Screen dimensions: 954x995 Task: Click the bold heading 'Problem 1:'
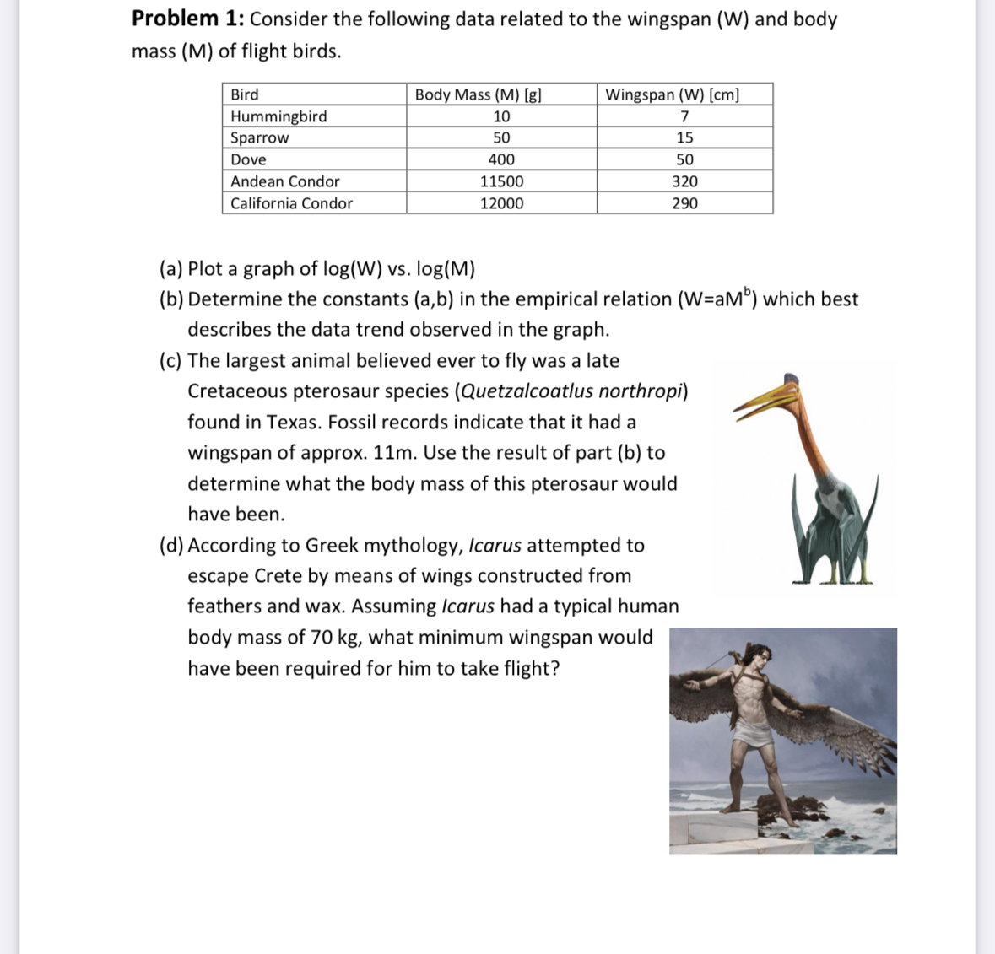(187, 19)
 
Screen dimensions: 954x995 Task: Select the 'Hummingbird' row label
(278, 116)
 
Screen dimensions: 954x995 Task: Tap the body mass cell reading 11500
(501, 181)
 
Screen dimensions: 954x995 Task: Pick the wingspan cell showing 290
(684, 203)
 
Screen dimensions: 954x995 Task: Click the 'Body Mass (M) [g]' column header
(478, 94)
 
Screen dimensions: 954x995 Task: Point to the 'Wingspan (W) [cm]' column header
(673, 94)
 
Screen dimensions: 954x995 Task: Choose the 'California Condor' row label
(291, 203)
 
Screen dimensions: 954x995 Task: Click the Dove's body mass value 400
(501, 159)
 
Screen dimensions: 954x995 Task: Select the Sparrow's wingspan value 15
(684, 137)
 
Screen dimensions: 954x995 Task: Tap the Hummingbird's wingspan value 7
(684, 116)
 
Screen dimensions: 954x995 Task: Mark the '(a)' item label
(171, 269)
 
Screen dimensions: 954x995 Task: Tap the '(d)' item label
(171, 546)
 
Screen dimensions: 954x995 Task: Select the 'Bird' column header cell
(245, 94)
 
